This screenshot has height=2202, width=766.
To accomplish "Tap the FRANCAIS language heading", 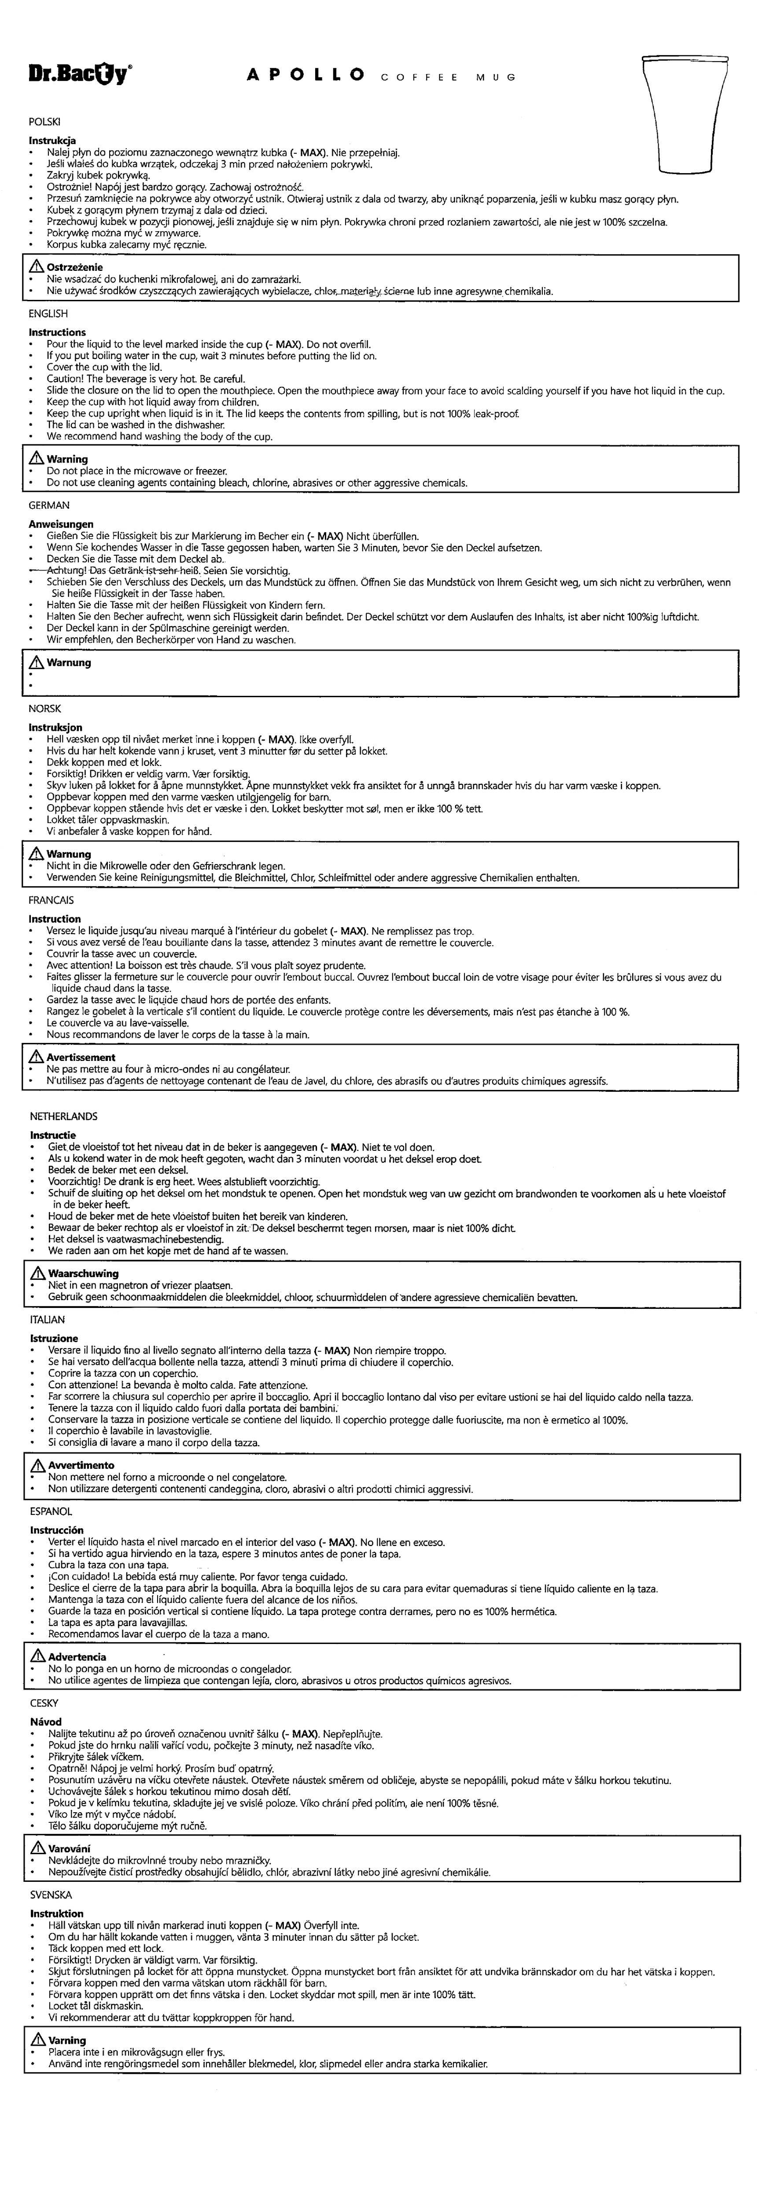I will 52,900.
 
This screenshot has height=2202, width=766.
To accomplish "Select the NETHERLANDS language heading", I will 63,1116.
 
